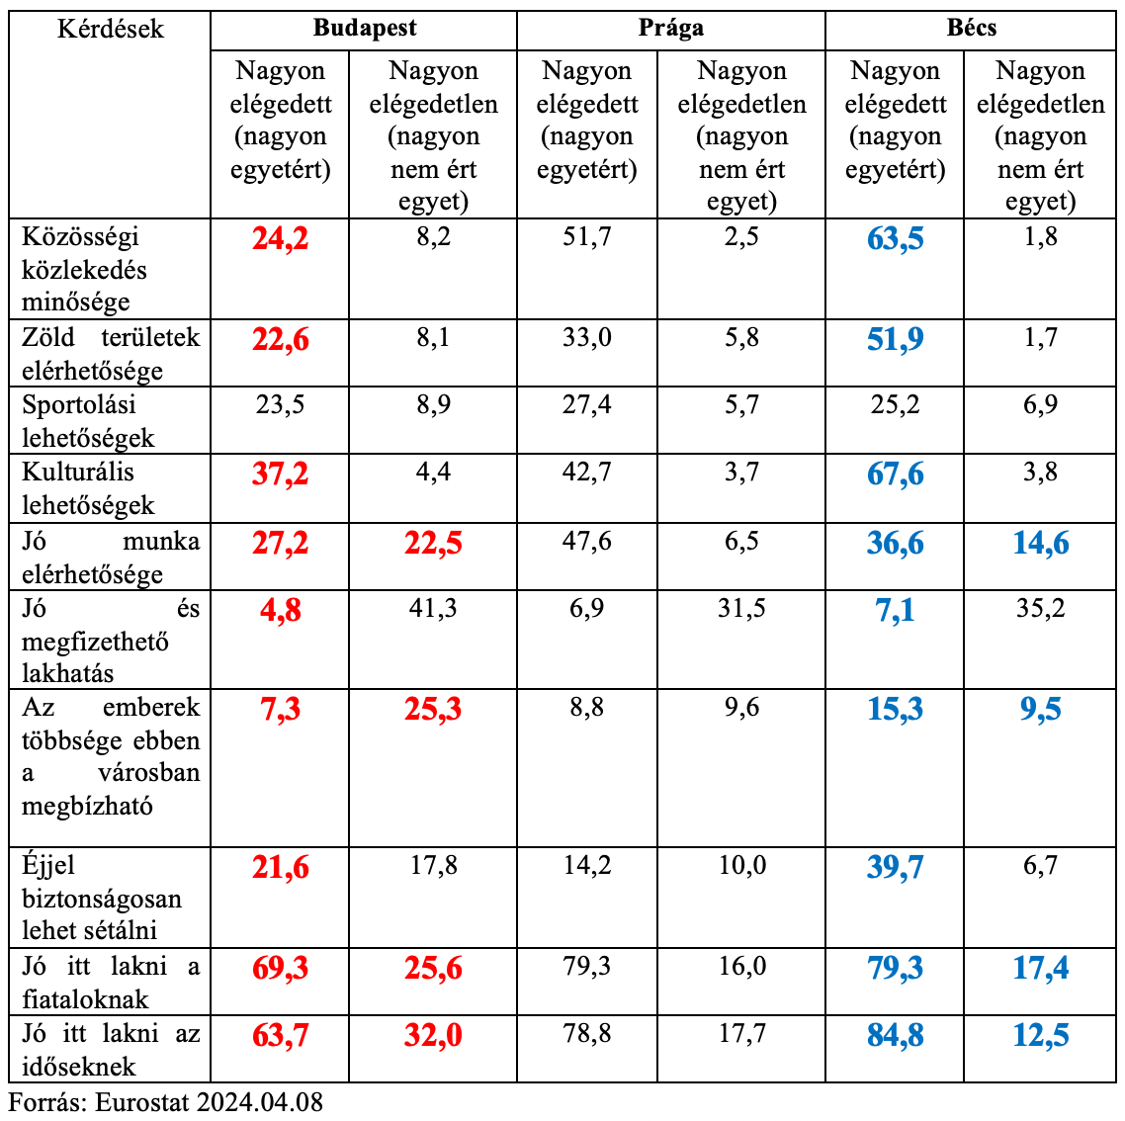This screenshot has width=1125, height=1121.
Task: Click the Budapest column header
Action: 364,28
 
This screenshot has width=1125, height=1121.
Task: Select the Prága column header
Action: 670,28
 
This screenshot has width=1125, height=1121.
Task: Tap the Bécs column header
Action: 971,28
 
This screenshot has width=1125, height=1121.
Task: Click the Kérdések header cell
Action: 111,29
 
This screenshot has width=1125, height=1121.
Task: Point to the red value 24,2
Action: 281,238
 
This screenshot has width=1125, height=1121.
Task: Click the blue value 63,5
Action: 895,238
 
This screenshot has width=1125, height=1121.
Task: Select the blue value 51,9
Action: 895,339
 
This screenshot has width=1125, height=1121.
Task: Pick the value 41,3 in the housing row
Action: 433,607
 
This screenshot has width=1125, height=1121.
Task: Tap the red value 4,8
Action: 281,610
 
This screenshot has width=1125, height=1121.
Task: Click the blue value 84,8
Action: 895,1035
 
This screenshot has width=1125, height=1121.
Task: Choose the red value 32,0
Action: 433,1035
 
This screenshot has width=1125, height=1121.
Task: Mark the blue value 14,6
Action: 1040,543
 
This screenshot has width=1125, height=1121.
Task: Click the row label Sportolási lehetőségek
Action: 88,421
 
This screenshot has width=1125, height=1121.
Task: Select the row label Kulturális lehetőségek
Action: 88,488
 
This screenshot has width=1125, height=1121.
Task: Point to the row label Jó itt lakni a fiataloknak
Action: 111,982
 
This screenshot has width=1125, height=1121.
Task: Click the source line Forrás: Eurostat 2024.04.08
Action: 166,1102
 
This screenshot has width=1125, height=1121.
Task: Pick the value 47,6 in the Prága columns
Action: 587,542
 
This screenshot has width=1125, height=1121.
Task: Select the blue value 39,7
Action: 895,867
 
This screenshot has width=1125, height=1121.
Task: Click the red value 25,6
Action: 433,968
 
